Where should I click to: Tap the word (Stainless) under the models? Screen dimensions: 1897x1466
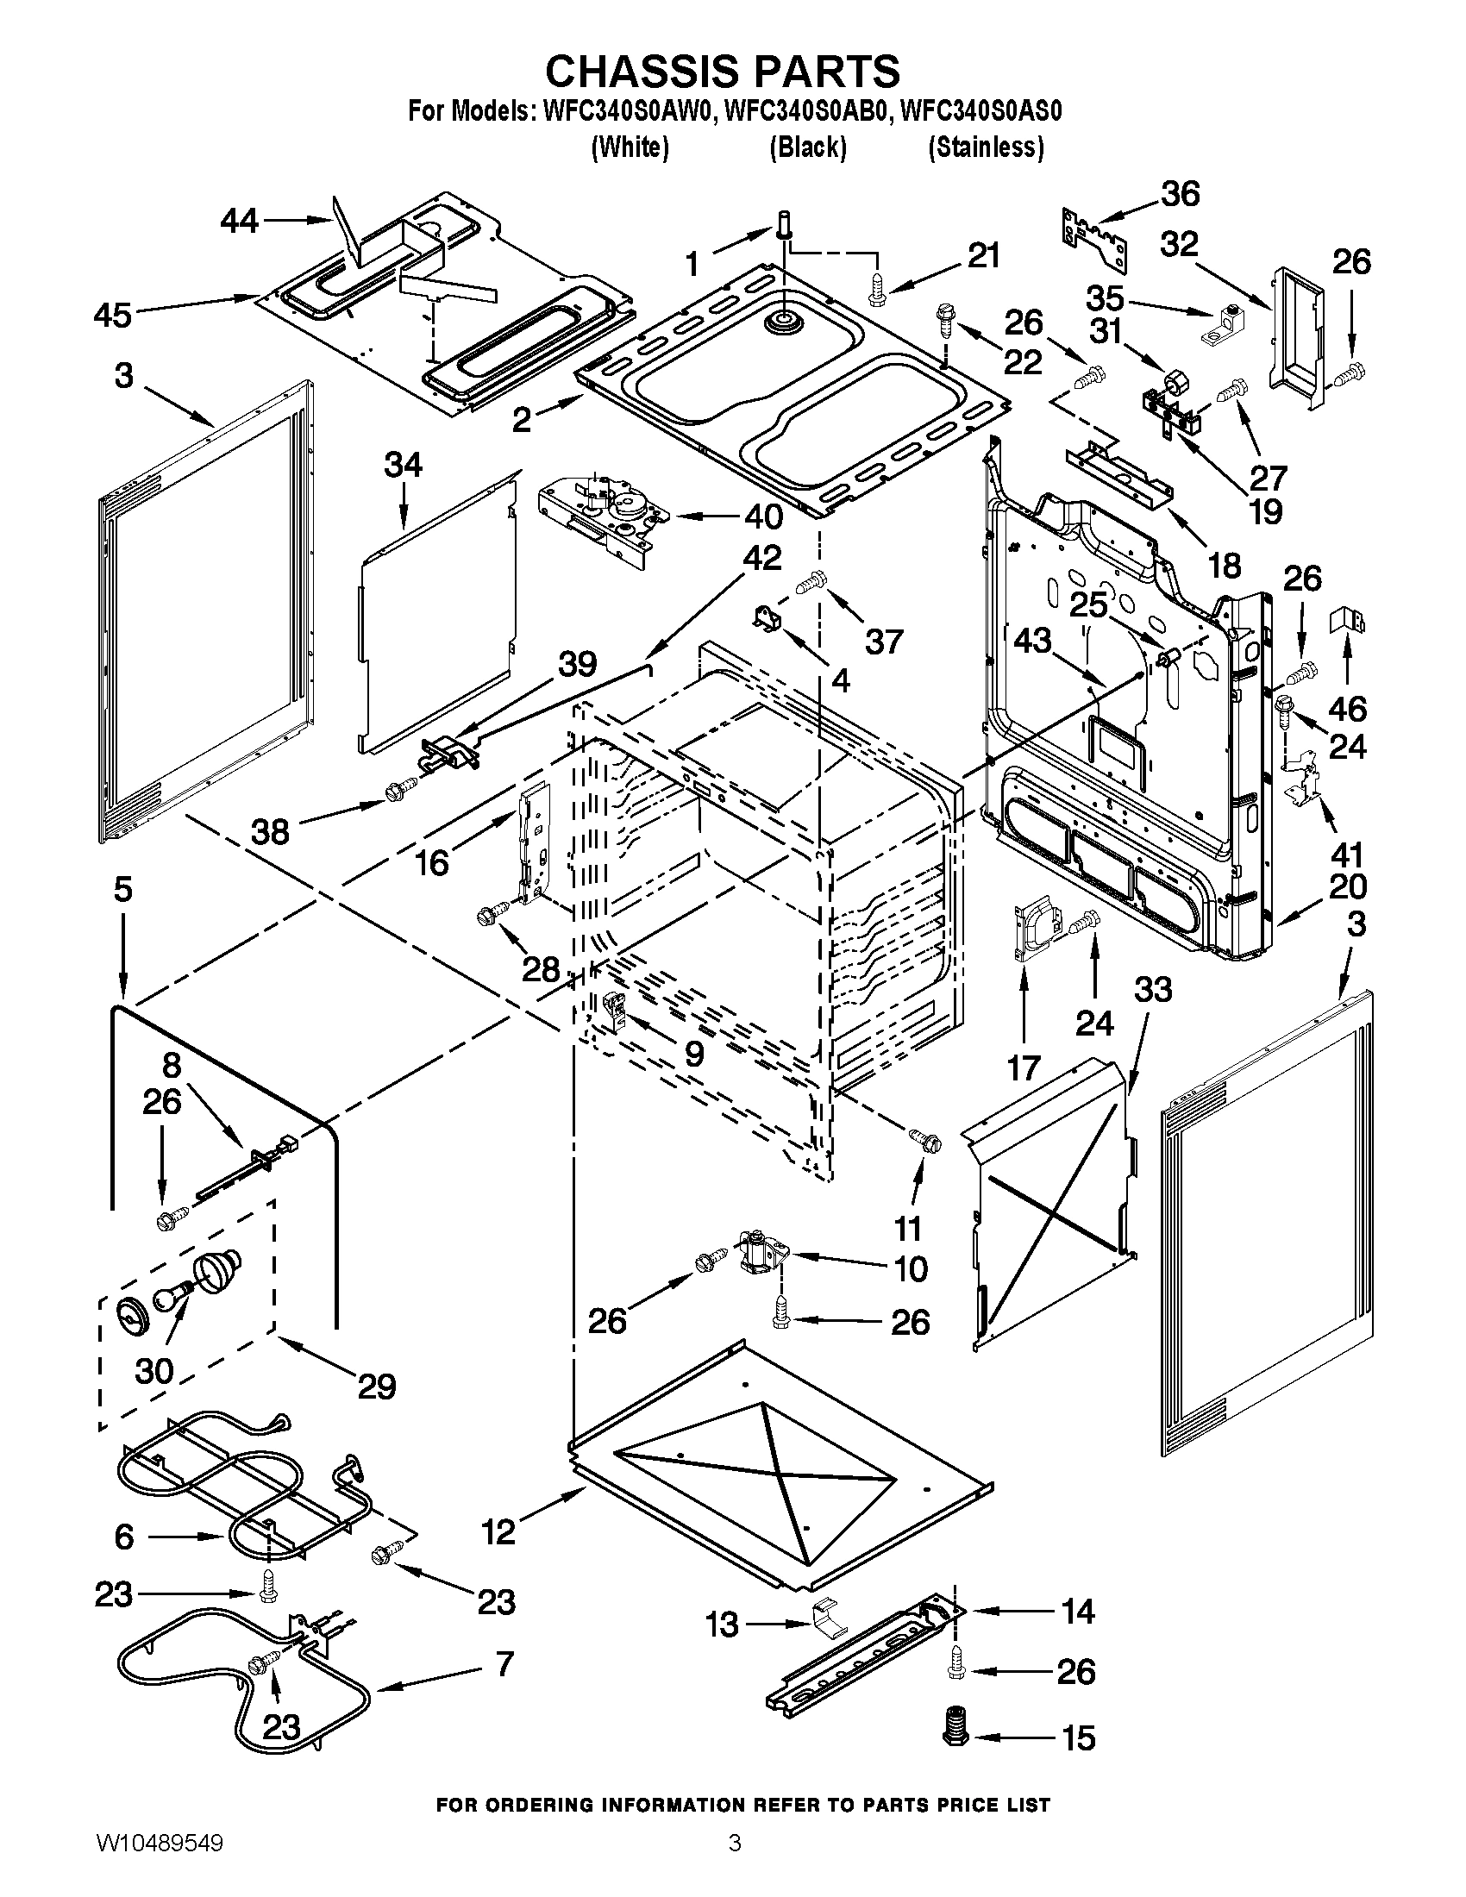pyautogui.click(x=986, y=148)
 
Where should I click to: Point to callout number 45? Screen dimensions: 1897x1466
pyautogui.click(x=113, y=315)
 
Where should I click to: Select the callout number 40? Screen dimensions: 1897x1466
pyautogui.click(x=763, y=517)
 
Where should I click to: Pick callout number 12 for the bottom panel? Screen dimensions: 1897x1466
pyautogui.click(x=498, y=1532)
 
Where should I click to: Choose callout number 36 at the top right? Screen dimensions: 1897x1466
pyautogui.click(x=1181, y=194)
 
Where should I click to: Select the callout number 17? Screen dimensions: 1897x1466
pyautogui.click(x=1024, y=1067)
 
